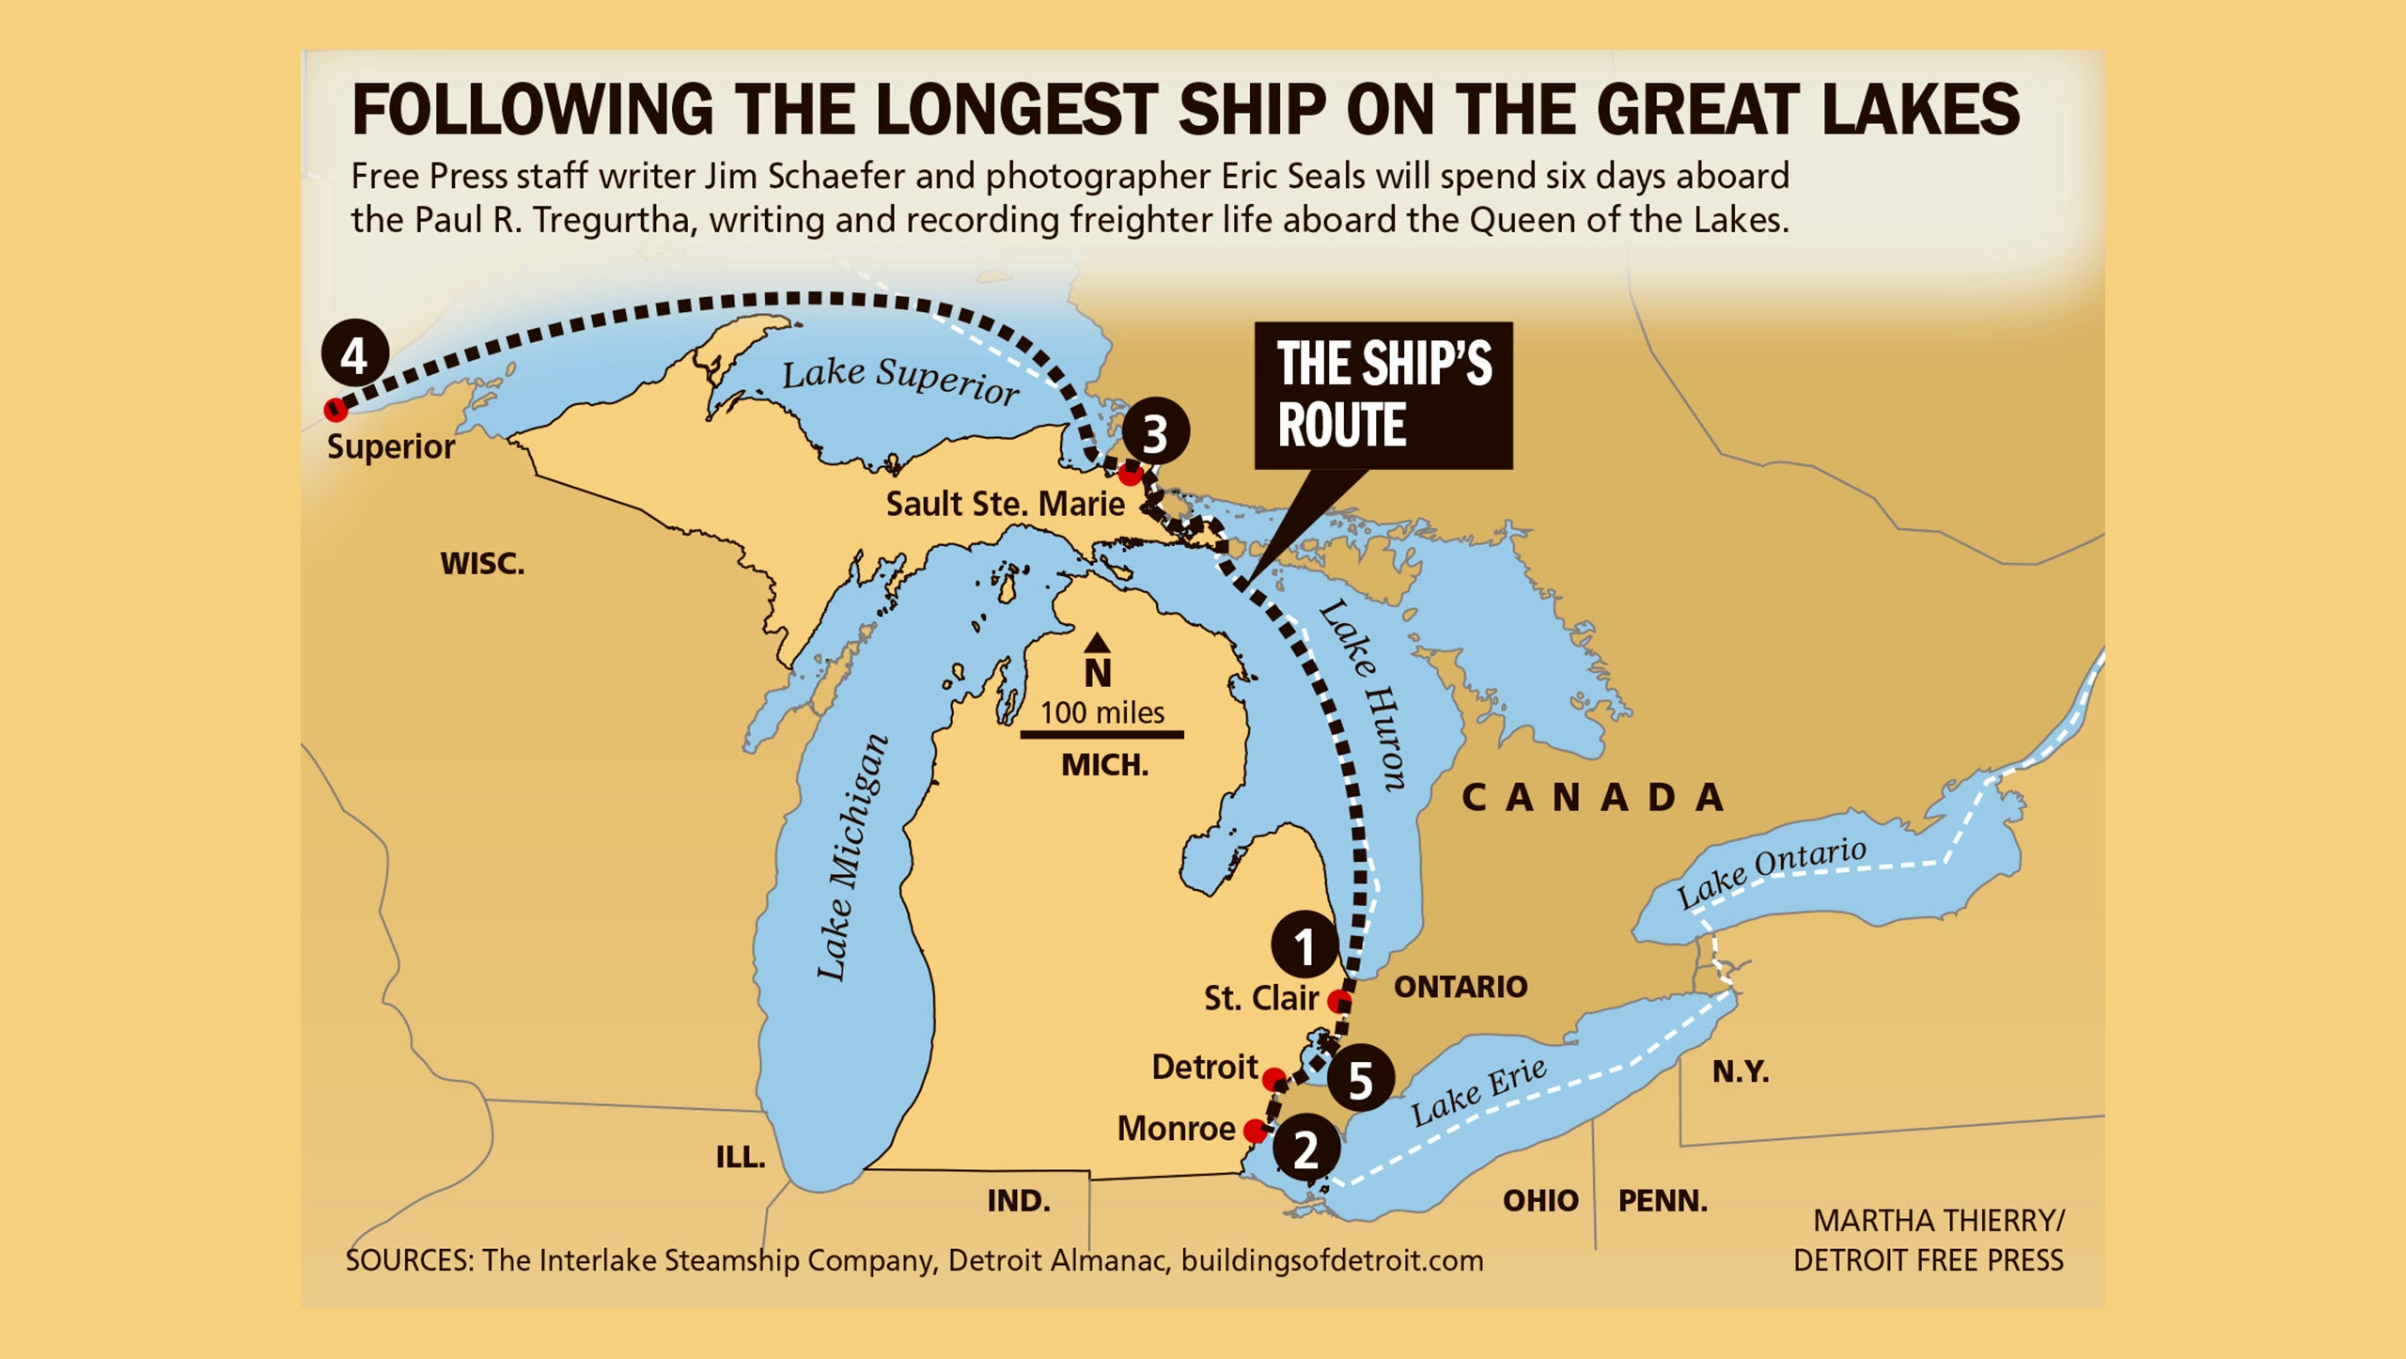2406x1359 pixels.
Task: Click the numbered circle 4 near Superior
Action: tap(354, 354)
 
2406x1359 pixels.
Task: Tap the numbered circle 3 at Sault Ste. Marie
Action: tap(1155, 432)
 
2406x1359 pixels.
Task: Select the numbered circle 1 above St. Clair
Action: tap(1305, 945)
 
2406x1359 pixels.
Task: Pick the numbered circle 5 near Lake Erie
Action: tap(1360, 1079)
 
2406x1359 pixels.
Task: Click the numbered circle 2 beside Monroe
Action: tap(1306, 1148)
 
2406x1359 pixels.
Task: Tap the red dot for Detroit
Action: tap(1273, 1078)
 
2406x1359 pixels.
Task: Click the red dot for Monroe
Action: tap(1255, 1130)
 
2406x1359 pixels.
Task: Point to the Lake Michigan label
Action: tap(851, 857)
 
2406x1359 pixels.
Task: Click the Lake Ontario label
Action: tap(1772, 872)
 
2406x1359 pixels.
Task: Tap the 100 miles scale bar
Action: tap(1101, 734)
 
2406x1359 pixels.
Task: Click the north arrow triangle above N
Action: tap(1097, 644)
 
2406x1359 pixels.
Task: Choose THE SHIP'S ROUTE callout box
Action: tap(1383, 395)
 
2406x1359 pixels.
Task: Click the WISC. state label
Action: tap(482, 564)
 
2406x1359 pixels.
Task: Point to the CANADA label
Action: tap(1593, 798)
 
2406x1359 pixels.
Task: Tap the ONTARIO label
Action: tap(1460, 987)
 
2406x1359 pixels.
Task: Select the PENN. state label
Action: tap(1662, 1200)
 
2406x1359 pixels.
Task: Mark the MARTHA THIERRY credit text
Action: tap(1937, 1220)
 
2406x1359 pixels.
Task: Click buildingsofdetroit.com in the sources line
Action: tap(1332, 1260)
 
